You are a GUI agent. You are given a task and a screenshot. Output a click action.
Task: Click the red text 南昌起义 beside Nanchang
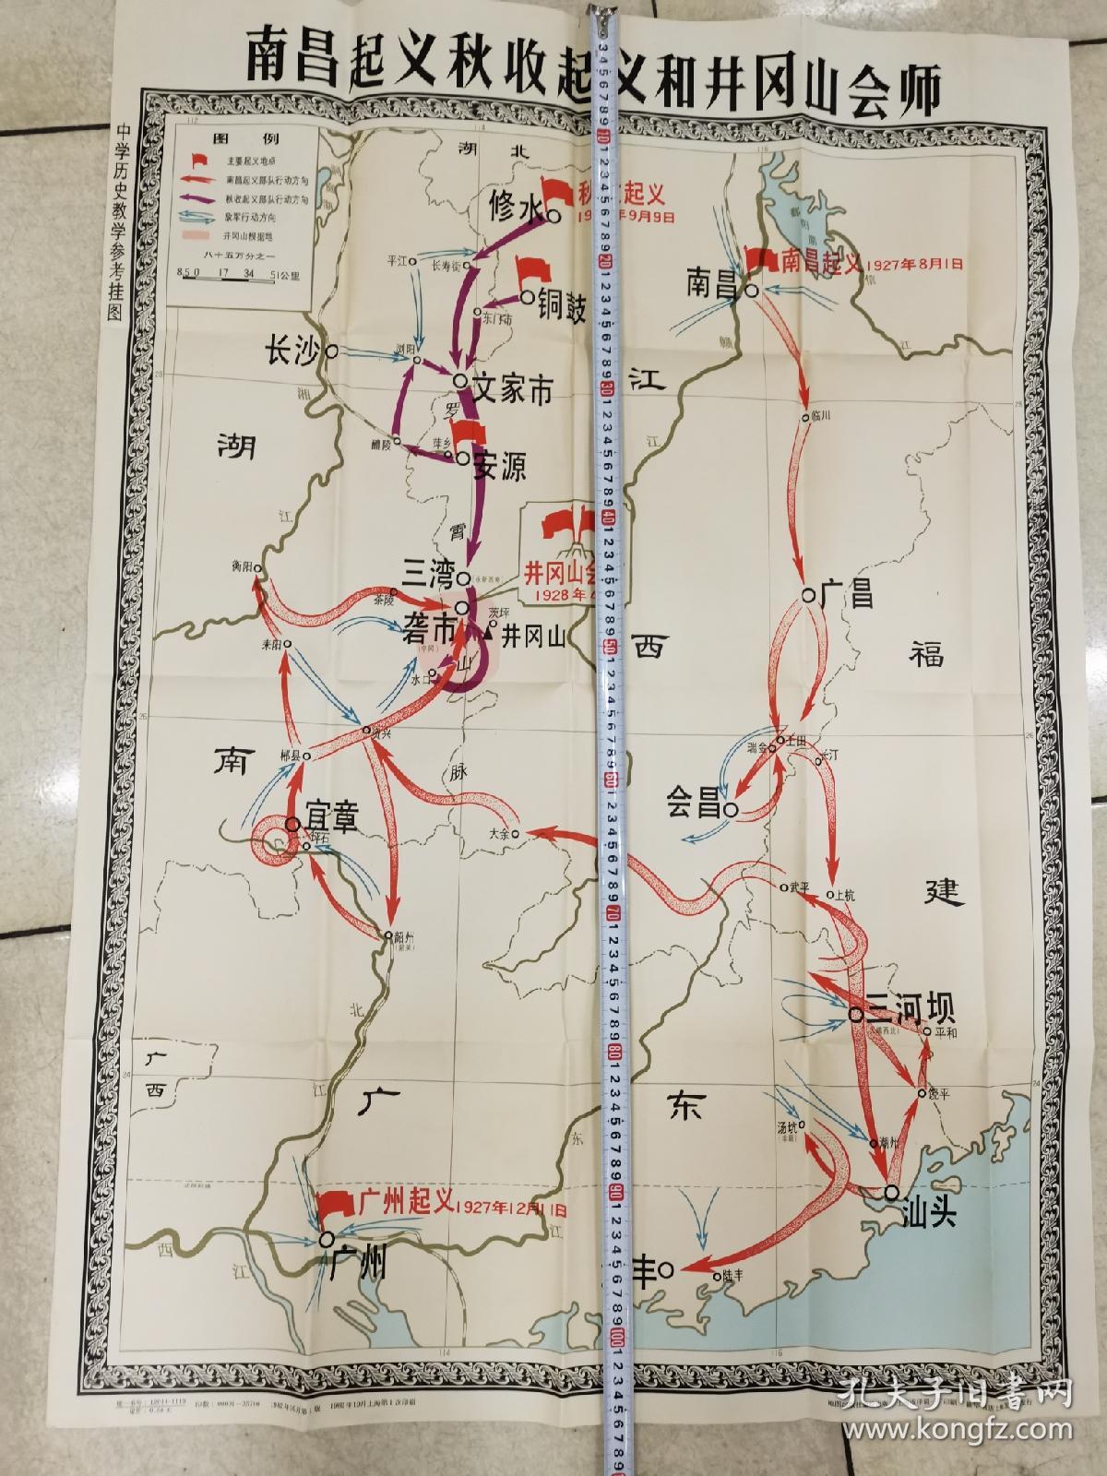(819, 262)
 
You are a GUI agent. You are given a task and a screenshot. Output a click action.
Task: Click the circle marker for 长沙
(330, 351)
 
